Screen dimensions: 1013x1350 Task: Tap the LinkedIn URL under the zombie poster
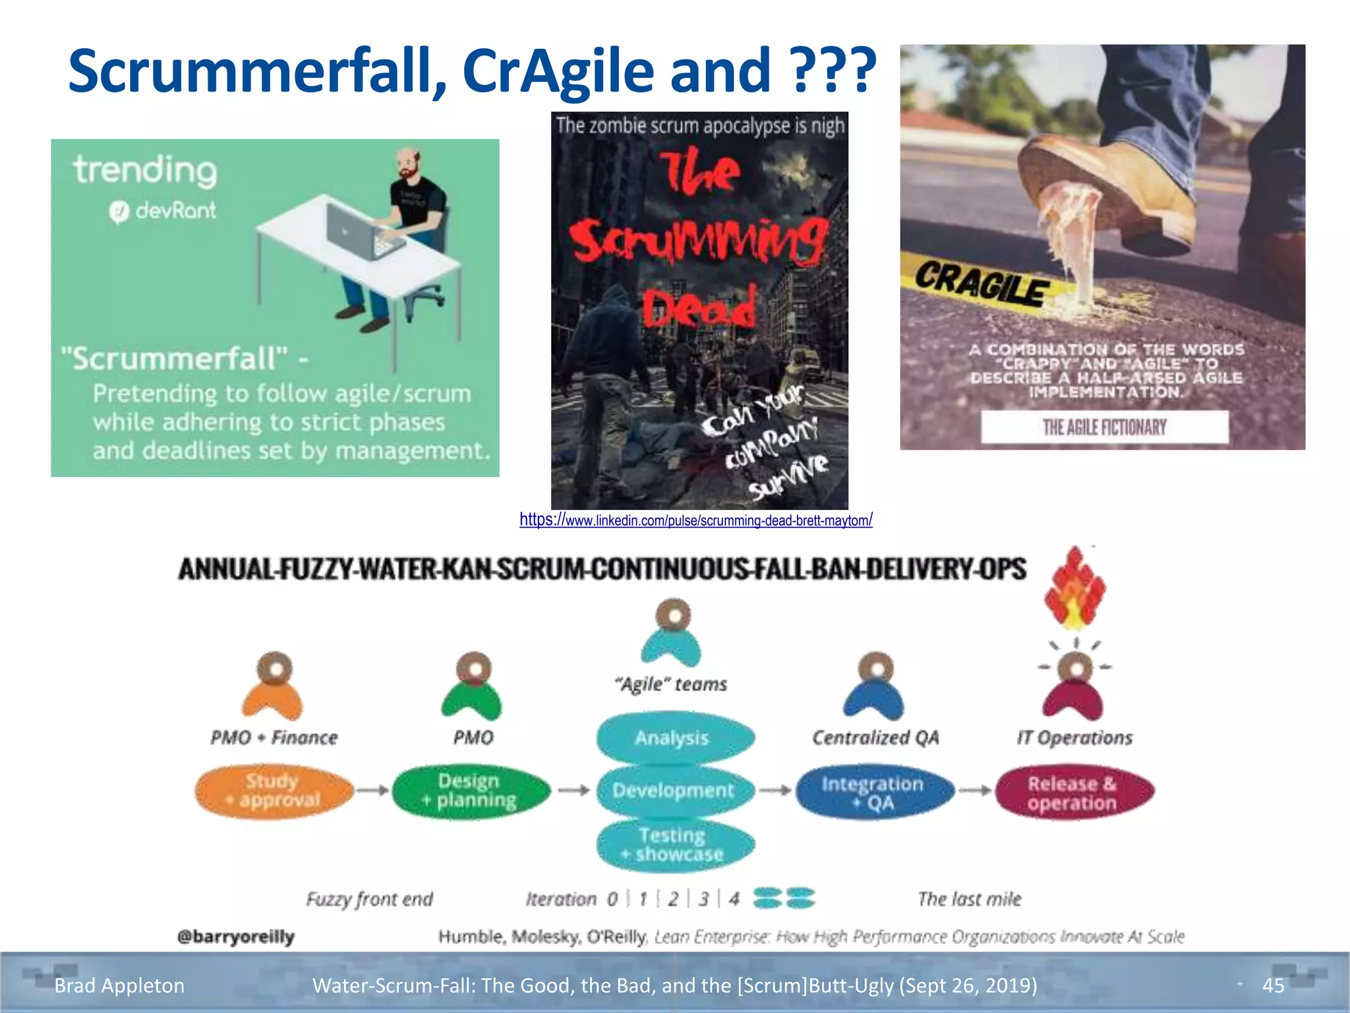[x=695, y=520]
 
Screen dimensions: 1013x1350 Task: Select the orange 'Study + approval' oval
[x=274, y=790]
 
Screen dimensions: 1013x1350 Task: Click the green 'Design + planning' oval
[x=471, y=790]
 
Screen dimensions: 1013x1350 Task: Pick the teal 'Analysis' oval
[x=674, y=738]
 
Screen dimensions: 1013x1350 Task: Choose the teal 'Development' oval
[x=674, y=790]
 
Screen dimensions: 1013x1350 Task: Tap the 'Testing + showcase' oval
[x=674, y=845]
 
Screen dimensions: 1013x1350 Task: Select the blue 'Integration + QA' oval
[x=874, y=792]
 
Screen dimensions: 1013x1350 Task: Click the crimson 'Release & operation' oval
[x=1073, y=793]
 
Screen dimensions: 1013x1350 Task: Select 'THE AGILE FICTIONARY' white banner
[x=1105, y=427]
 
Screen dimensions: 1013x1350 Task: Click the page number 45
[x=1273, y=985]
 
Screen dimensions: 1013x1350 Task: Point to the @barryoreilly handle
[x=236, y=936]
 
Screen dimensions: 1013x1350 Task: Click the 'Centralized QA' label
[x=875, y=737]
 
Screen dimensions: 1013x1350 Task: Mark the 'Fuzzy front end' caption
[x=369, y=899]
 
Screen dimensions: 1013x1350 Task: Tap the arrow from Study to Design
[x=373, y=790]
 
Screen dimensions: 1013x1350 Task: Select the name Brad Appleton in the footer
[x=119, y=985]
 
